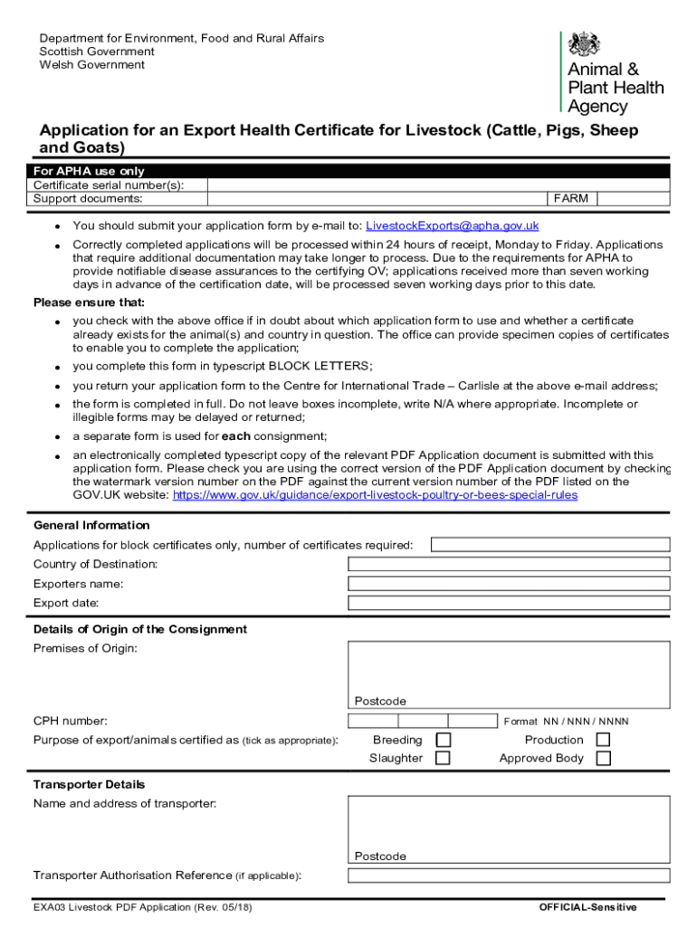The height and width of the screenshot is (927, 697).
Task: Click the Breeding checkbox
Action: click(444, 740)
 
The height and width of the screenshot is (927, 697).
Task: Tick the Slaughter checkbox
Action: click(444, 759)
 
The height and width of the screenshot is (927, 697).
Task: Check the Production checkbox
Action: click(603, 740)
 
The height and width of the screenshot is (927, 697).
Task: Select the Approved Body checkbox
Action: click(603, 759)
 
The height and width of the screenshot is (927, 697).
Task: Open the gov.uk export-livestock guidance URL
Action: click(375, 495)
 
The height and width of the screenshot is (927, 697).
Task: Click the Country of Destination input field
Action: click(509, 564)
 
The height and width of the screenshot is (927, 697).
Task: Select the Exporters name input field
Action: click(509, 584)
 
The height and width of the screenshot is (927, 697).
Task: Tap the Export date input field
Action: click(509, 603)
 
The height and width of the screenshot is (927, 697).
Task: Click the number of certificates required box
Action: click(550, 545)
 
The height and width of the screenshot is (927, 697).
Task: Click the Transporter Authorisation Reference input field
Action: click(509, 875)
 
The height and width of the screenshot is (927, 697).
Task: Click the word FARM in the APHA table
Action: click(571, 198)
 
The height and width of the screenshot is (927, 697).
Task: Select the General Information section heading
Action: click(91, 525)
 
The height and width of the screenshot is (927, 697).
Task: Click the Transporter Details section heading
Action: click(89, 784)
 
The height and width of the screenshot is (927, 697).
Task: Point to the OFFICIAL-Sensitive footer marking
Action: click(587, 907)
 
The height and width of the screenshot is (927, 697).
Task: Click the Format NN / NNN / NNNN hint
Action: click(566, 722)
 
